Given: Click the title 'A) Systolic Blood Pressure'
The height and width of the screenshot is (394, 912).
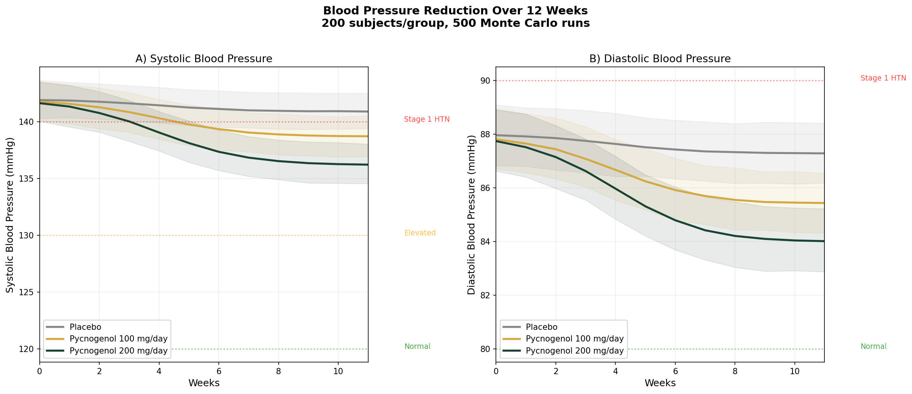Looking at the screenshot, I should click(204, 59).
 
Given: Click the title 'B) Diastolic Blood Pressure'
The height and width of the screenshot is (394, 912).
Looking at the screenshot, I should click(660, 59).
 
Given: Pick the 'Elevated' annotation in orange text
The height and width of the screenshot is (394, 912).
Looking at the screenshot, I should click(420, 233).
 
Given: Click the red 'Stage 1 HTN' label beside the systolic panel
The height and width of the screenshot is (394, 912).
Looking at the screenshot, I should click(427, 119).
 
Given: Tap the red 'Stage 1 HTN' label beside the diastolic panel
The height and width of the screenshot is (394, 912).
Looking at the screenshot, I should click(883, 78).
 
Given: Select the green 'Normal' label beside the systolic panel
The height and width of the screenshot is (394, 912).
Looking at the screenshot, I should click(417, 347).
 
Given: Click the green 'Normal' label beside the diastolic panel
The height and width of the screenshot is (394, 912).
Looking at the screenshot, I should click(873, 347).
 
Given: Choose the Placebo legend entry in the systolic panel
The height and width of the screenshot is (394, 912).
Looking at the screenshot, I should click(85, 327).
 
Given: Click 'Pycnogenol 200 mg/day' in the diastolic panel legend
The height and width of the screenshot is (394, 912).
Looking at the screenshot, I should click(575, 351).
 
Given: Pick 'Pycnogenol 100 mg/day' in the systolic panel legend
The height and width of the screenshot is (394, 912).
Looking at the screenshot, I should click(118, 339).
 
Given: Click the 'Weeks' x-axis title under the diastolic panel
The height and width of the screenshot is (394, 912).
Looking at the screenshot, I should click(660, 383).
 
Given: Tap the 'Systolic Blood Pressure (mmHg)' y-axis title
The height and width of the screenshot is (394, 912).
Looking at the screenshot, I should click(10, 215).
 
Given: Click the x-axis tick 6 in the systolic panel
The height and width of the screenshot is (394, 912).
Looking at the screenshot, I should click(219, 371).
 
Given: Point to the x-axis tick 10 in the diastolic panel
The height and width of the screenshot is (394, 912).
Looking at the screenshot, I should click(794, 371).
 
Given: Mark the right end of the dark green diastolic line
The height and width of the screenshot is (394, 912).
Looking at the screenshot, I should click(824, 241).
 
